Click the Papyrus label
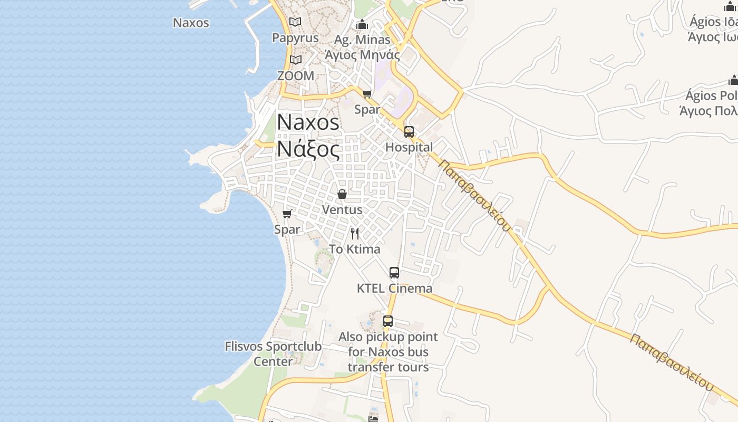point(295,38)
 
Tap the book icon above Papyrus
point(295,22)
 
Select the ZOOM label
point(296,76)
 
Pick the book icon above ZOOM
point(296,60)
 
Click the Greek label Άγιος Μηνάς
point(362,54)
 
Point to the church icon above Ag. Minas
point(362,24)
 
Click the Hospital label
point(409,147)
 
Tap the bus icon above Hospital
point(409,132)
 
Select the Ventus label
point(342,209)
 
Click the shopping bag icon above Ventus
point(342,194)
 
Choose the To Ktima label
point(355,249)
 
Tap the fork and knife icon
point(355,234)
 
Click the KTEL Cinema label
point(394,289)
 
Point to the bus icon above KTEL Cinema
point(394,273)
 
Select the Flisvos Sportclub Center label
point(273,354)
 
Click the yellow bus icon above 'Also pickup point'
point(388,321)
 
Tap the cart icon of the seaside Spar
point(287,214)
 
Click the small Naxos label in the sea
point(191,23)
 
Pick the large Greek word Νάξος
point(308,150)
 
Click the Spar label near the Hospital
point(367,110)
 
